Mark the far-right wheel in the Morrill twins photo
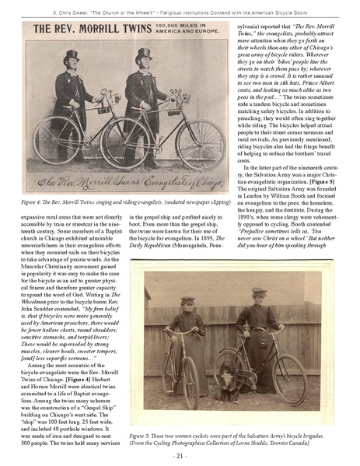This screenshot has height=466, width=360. click(x=199, y=141)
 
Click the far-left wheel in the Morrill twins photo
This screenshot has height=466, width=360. click(x=50, y=141)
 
